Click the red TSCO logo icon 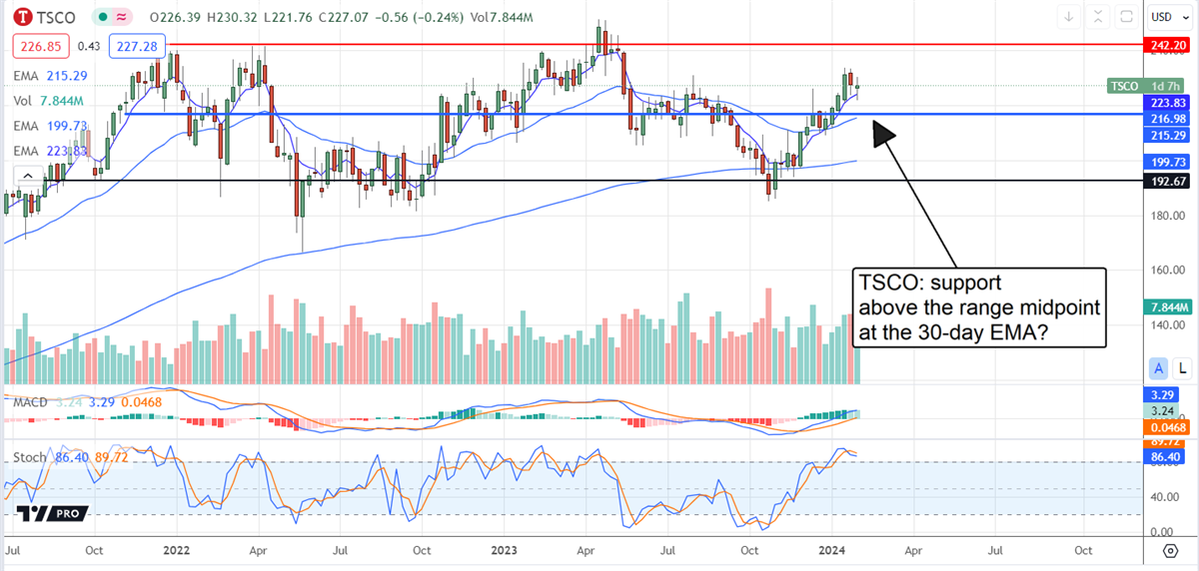20,17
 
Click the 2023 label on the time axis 504,550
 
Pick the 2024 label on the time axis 831,550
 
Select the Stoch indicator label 30,457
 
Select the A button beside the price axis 1160,368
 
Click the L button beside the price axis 1182,368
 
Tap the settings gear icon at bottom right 1170,550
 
